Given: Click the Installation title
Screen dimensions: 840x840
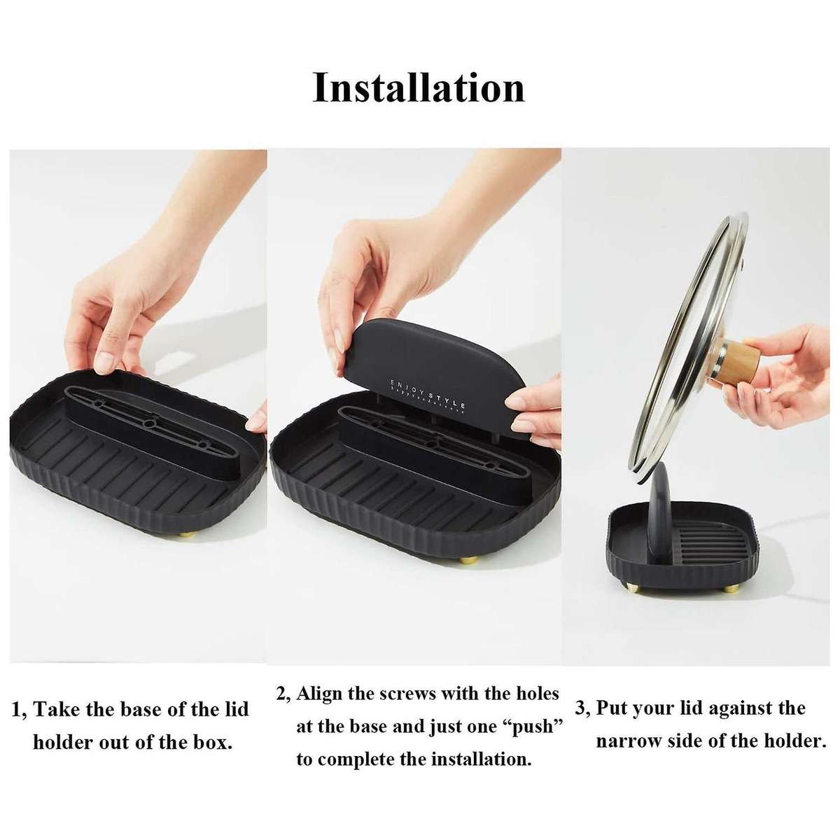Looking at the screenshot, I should point(419,88).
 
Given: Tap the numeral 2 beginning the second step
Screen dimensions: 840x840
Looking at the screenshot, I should point(281,694).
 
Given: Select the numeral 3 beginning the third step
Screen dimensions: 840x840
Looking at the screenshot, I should point(581,708).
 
